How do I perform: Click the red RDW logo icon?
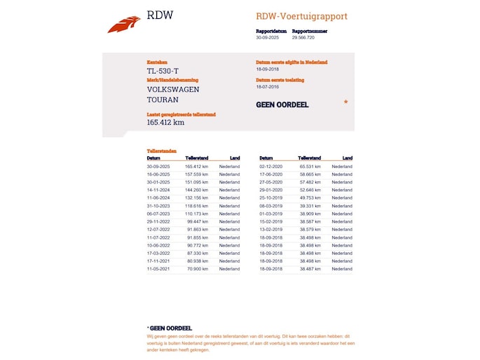[x=124, y=25]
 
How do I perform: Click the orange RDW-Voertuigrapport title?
[x=301, y=16]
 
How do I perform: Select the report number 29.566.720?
[x=303, y=37]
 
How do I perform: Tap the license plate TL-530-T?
[x=163, y=71]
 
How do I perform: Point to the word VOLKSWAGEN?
[x=173, y=90]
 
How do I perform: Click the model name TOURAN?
[x=163, y=100]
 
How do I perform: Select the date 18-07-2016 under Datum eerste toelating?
[x=268, y=87]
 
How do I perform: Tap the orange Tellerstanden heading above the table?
[x=162, y=151]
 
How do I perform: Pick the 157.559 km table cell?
[x=197, y=174]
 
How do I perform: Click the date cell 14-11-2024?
[x=158, y=190]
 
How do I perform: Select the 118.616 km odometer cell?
[x=197, y=206]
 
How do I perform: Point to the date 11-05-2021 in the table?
[x=158, y=269]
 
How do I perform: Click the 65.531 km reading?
[x=310, y=167]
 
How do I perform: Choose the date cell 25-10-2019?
[x=270, y=198]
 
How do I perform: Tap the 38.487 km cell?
[x=310, y=269]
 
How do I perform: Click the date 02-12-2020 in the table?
[x=270, y=167]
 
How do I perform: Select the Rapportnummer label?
[x=310, y=31]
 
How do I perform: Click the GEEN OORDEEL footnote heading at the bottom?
[x=170, y=328]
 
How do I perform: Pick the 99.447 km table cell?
[x=198, y=221]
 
